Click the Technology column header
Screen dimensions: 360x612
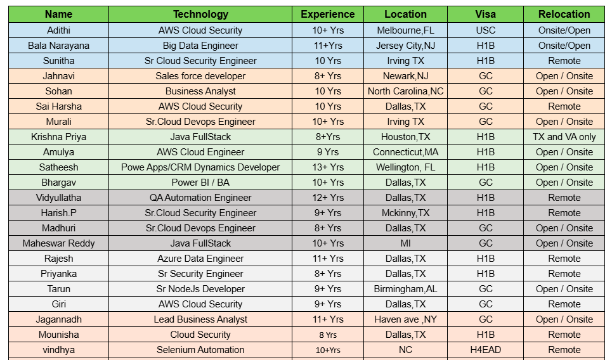pyautogui.click(x=200, y=14)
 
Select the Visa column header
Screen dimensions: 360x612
pyautogui.click(x=485, y=14)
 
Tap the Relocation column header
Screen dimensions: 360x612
pyautogui.click(x=564, y=14)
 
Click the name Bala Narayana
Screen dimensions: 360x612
pyautogui.click(x=58, y=46)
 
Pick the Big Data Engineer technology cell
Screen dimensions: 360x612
pyautogui.click(x=200, y=46)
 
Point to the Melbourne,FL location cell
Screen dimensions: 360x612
pyautogui.click(x=405, y=30)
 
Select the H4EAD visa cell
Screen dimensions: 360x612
pyautogui.click(x=485, y=350)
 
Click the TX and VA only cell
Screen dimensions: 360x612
pyautogui.click(x=564, y=137)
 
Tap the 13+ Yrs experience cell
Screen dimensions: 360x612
pyautogui.click(x=328, y=167)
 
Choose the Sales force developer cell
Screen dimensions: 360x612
pyautogui.click(x=200, y=76)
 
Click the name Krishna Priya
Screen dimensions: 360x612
pyautogui.click(x=58, y=137)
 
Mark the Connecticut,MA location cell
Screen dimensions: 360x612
pyautogui.click(x=405, y=152)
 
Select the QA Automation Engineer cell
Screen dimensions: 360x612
pyautogui.click(x=200, y=198)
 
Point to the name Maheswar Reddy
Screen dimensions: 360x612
pyautogui.click(x=58, y=243)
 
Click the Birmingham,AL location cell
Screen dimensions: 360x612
pyautogui.click(x=405, y=289)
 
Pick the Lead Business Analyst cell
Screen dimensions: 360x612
pyautogui.click(x=200, y=319)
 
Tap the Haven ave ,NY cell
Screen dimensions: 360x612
pyautogui.click(x=405, y=319)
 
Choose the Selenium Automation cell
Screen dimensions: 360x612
pyautogui.click(x=200, y=350)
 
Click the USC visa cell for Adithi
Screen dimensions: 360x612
pyautogui.click(x=485, y=30)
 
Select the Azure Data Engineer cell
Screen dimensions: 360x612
pyautogui.click(x=200, y=259)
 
